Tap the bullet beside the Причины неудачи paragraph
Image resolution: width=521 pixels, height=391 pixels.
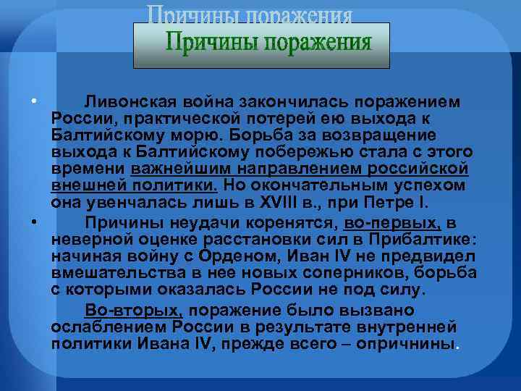point(33,223)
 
